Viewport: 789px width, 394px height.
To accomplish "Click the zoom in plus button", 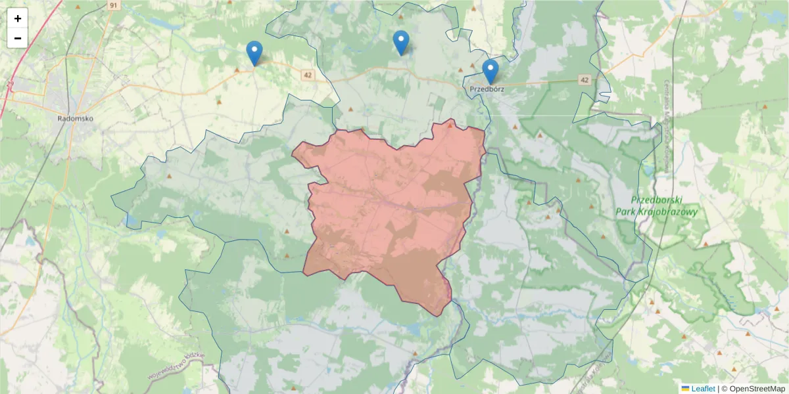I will click(x=18, y=18).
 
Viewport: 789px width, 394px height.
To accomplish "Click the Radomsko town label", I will click(x=76, y=119).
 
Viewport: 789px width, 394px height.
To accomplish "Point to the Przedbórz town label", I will click(x=487, y=89).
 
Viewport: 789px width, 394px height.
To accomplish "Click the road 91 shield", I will click(x=114, y=5).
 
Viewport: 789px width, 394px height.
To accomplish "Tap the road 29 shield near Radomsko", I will click(x=10, y=83).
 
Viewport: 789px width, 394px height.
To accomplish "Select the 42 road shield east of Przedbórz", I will click(x=585, y=79).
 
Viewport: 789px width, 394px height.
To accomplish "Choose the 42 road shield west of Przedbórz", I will click(x=308, y=75).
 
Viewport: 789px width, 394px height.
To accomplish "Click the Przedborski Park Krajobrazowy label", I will click(x=656, y=206).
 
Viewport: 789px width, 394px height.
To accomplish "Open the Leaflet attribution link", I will click(x=702, y=389).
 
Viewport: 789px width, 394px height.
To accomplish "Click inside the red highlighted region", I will click(x=388, y=210).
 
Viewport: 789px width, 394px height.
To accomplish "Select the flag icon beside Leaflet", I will click(x=685, y=389).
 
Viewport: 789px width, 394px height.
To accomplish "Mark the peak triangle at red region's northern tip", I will click(x=450, y=124).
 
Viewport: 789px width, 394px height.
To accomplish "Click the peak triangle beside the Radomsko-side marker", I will click(x=237, y=68).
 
